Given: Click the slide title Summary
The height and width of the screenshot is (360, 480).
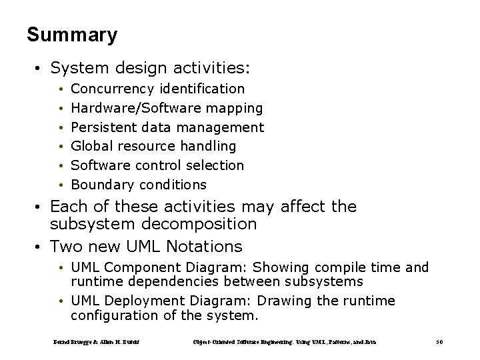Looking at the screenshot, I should point(72,35).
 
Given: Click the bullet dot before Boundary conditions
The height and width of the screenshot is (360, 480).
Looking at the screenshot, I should point(61,185).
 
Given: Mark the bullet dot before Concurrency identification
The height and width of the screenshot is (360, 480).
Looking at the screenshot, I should point(61,89).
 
